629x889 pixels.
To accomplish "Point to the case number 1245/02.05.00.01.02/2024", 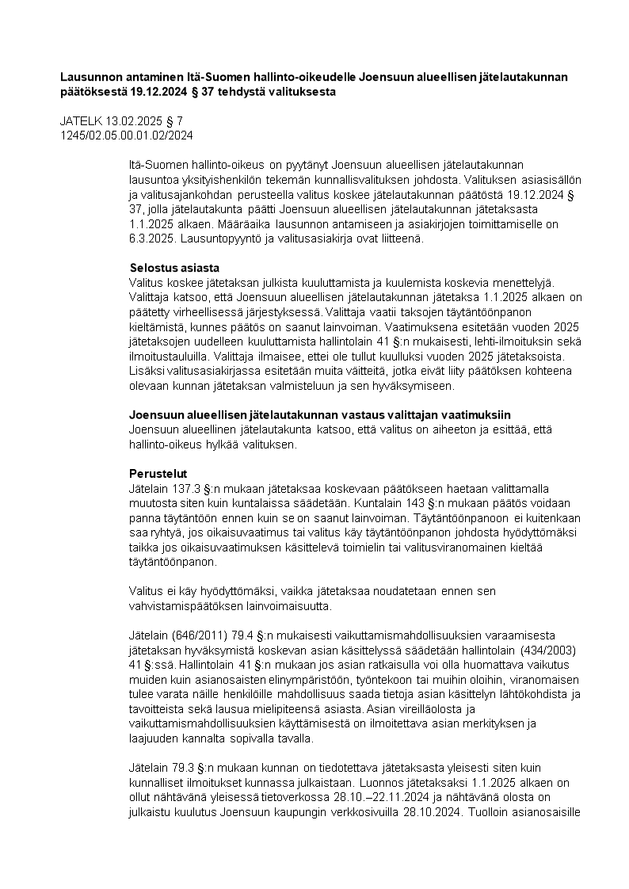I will pyautogui.click(x=127, y=135).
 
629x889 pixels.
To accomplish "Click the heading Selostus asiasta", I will pyautogui.click(x=174, y=267).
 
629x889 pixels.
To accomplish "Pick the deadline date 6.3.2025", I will pyautogui.click(x=153, y=238).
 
